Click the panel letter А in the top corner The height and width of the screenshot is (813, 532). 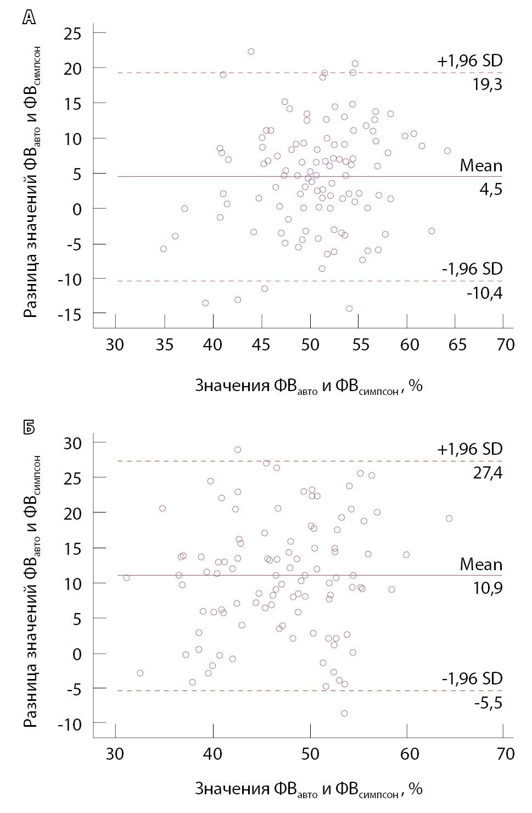29,18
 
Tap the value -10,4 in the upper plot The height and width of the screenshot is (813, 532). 485,293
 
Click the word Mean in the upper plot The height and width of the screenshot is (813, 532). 481,165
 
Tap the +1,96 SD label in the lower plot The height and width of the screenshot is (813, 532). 469,449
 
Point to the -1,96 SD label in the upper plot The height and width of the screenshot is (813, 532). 472,269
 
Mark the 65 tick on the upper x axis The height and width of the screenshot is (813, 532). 457,344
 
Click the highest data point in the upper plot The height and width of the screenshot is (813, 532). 251,52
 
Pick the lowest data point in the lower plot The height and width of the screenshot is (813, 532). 344,713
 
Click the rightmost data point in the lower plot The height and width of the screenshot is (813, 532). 449,518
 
